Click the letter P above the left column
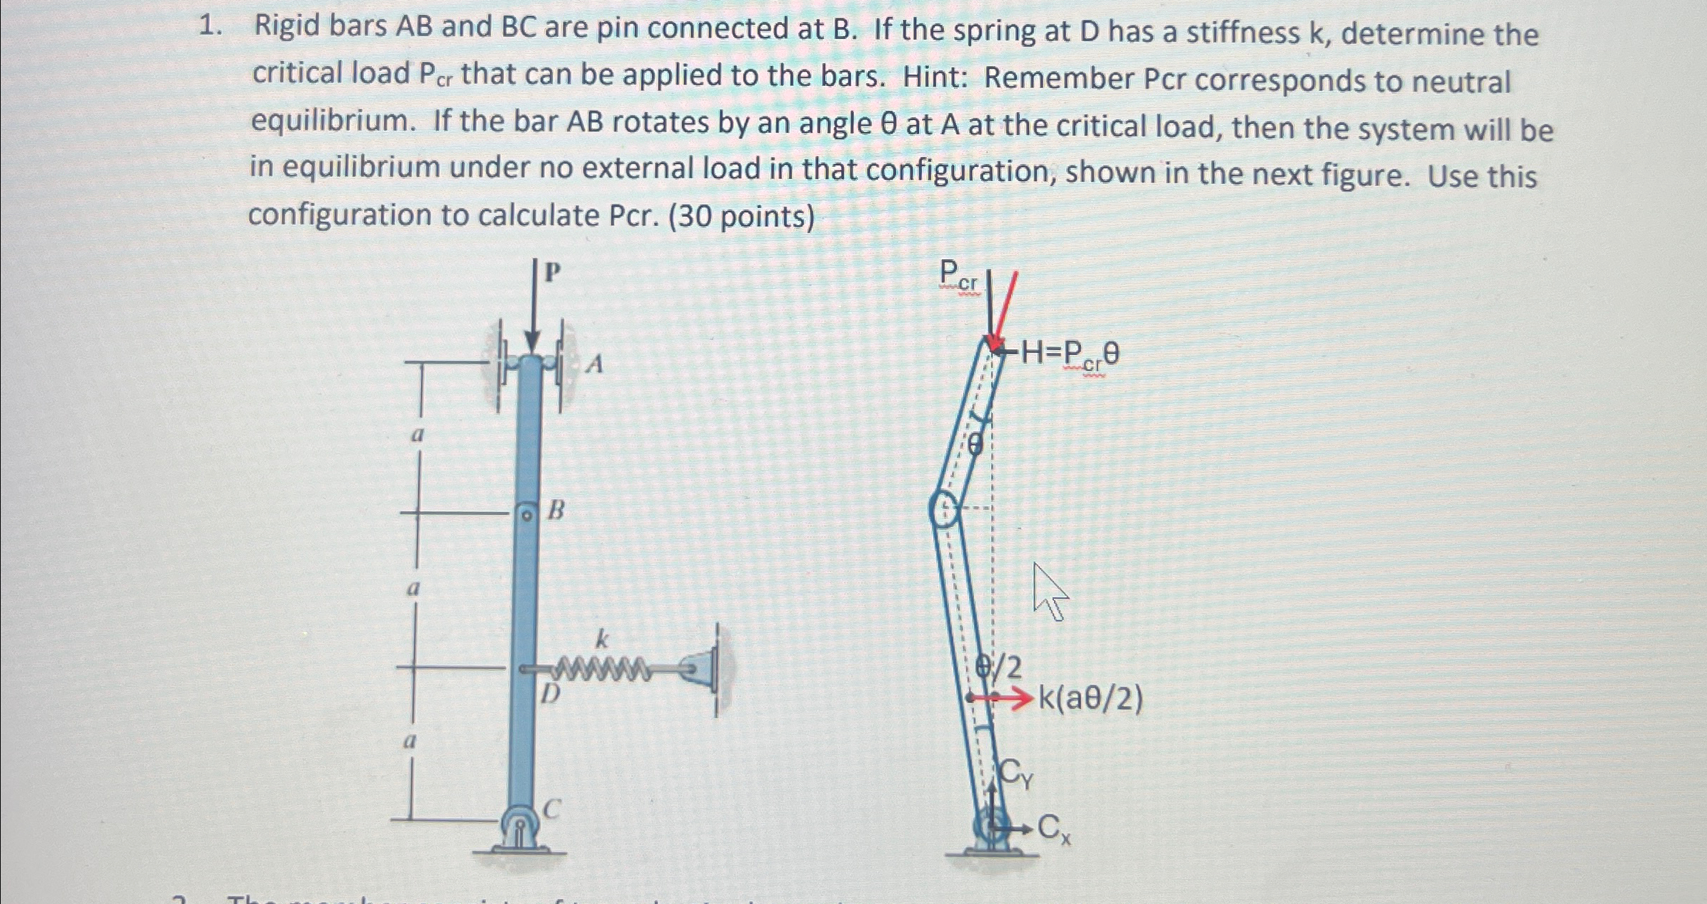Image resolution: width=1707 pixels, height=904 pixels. tap(553, 272)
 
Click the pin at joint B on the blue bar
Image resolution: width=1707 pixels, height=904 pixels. tap(526, 515)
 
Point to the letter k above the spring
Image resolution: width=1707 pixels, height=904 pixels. tap(602, 639)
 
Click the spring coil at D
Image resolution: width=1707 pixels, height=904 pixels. tap(603, 669)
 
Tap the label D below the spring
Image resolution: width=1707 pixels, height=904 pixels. tap(550, 694)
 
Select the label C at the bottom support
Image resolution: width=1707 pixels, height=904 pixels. tap(551, 808)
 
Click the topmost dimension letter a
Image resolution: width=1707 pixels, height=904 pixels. tap(418, 434)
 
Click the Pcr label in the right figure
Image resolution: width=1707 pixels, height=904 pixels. tap(958, 276)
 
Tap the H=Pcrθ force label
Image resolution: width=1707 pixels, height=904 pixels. tap(1070, 353)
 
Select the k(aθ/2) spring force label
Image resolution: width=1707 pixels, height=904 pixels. tap(1091, 699)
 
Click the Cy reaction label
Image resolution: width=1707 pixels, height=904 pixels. tap(1016, 773)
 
